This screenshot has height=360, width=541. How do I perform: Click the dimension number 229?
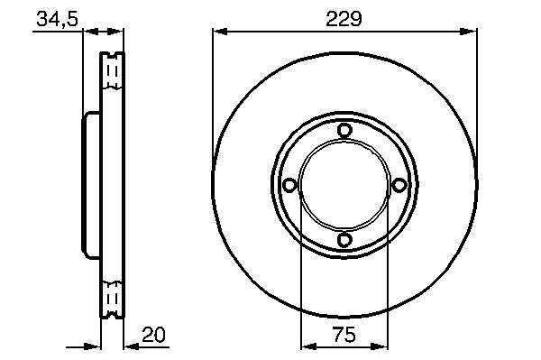[344, 19]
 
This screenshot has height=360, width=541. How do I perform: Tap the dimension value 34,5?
[58, 19]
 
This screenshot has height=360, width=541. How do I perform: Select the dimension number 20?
[153, 335]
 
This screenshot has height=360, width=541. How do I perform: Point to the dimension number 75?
[344, 335]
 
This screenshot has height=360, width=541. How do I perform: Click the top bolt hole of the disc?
[344, 131]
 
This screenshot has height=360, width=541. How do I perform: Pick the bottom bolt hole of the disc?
[344, 239]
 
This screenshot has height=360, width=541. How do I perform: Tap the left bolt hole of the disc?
[289, 185]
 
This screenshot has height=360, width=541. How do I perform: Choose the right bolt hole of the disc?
[399, 185]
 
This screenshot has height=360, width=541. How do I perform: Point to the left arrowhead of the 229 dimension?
[220, 32]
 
